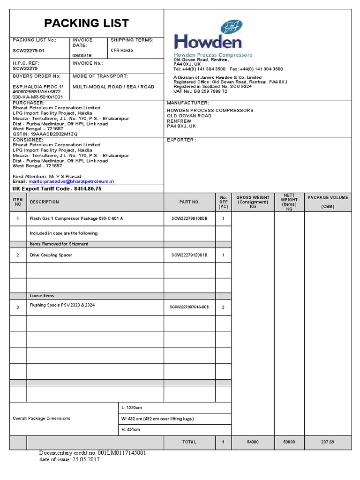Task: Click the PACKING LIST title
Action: click(x=86, y=23)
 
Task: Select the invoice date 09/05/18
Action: click(x=80, y=55)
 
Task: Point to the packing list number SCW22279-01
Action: click(x=29, y=50)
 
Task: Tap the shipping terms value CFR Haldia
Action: click(x=121, y=50)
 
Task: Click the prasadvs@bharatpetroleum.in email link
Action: click(x=71, y=181)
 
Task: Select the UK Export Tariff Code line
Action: click(x=57, y=188)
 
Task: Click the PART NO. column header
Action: click(x=189, y=202)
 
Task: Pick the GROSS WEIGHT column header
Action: click(x=253, y=202)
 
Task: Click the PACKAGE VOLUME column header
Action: click(x=328, y=202)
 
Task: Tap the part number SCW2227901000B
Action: click(x=189, y=219)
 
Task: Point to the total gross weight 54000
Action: click(x=253, y=442)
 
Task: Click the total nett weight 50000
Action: click(x=289, y=442)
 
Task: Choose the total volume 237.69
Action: click(x=328, y=442)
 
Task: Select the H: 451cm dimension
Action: click(x=130, y=429)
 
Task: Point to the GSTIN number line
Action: click(x=45, y=134)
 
